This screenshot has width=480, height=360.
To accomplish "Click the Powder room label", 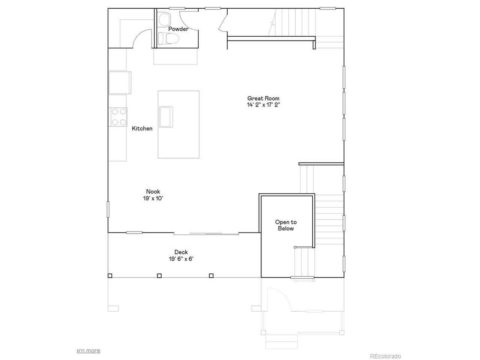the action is click(178, 29).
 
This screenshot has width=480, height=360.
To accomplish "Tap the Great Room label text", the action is click(263, 98).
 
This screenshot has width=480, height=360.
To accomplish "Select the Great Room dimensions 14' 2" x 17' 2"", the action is click(264, 105).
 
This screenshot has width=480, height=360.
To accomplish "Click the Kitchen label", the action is click(142, 128).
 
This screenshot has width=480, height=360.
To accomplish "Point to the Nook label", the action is click(153, 192).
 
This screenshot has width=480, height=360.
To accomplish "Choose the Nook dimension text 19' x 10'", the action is click(153, 198).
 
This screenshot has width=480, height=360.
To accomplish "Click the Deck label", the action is click(181, 252).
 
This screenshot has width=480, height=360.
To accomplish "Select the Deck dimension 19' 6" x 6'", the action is click(181, 259).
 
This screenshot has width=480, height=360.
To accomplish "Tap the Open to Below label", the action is click(286, 225).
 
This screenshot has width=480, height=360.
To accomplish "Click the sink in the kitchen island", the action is click(166, 117).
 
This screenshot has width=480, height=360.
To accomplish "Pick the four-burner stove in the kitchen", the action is click(118, 117).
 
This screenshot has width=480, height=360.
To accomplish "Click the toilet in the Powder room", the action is click(168, 39).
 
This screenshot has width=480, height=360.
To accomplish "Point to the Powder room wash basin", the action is click(165, 19).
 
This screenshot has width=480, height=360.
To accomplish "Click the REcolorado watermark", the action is click(385, 356).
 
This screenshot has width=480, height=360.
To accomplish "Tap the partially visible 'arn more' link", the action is click(88, 351).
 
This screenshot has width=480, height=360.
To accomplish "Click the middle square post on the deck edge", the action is click(159, 276).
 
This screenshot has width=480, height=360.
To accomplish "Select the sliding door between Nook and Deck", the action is click(206, 234).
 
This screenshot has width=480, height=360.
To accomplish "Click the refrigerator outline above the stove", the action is click(120, 82).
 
